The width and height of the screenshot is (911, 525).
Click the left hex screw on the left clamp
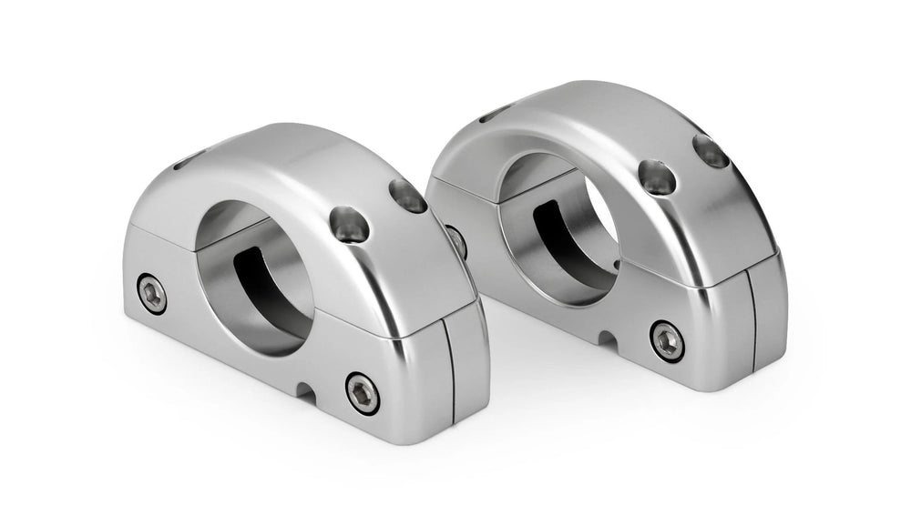click(x=152, y=294)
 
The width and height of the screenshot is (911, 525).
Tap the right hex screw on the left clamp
click(x=363, y=393)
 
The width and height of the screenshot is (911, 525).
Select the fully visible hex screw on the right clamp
click(x=667, y=340)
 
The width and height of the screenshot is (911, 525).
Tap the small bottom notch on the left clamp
click(x=306, y=391)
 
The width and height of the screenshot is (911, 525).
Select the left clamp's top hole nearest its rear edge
click(x=407, y=196)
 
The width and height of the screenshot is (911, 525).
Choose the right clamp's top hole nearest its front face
click(x=656, y=177)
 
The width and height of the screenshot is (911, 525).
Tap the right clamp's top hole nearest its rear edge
click(x=711, y=151)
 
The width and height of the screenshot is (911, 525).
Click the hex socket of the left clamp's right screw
click(x=363, y=393)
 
